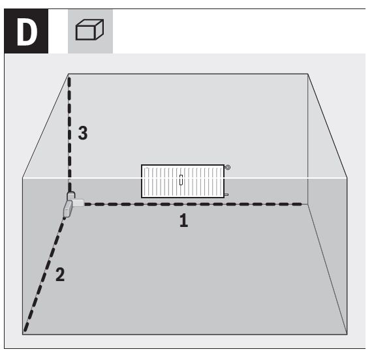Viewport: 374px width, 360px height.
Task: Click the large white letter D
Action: click(x=27, y=32)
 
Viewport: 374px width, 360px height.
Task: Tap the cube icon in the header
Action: click(x=89, y=29)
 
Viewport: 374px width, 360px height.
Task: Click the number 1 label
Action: click(x=183, y=220)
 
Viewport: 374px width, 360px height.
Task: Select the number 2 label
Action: click(x=60, y=275)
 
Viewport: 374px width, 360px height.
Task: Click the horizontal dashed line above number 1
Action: click(x=193, y=204)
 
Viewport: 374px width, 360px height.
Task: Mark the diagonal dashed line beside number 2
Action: click(x=45, y=274)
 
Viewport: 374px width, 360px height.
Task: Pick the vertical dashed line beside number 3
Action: click(x=69, y=134)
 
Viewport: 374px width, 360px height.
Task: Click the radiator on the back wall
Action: click(x=183, y=181)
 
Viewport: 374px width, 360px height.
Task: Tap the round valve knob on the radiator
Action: click(x=228, y=168)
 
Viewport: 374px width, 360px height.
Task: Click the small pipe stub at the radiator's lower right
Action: click(x=226, y=194)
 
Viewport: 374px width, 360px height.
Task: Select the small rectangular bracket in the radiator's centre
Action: click(x=181, y=180)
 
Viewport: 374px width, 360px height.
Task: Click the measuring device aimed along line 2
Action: click(x=68, y=209)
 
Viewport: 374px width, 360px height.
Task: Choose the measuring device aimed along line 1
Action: click(x=78, y=203)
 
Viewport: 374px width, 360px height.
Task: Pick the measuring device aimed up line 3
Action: click(x=71, y=196)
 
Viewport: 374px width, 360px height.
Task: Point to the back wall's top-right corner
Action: click(x=308, y=74)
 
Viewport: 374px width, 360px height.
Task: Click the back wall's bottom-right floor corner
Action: click(x=308, y=204)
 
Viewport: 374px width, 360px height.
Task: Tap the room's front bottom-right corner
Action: click(x=347, y=335)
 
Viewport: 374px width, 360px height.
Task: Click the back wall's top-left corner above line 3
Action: click(x=69, y=74)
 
